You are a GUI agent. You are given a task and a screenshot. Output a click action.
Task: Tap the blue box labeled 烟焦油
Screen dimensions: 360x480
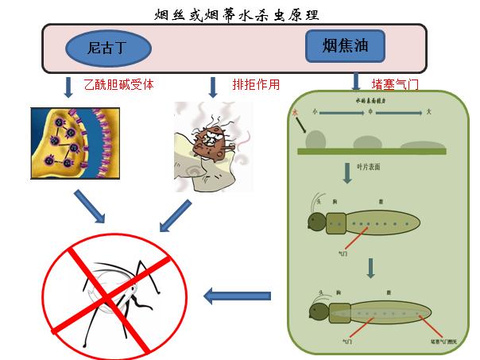click(x=345, y=47)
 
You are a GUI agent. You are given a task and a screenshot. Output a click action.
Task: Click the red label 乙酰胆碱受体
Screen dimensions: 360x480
click(x=118, y=83)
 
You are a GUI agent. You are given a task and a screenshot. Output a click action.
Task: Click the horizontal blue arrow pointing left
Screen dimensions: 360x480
click(x=237, y=296)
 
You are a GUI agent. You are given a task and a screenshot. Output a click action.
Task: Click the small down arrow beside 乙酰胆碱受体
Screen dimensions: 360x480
click(x=68, y=84)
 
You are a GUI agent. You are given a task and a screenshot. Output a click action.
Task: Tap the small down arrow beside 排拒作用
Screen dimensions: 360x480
click(x=212, y=84)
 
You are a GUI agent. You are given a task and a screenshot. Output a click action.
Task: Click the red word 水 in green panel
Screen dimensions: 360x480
click(x=296, y=113)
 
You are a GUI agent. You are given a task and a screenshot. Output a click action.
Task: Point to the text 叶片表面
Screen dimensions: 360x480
click(x=370, y=167)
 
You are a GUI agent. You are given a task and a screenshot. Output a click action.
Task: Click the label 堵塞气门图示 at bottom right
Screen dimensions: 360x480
click(x=439, y=341)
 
